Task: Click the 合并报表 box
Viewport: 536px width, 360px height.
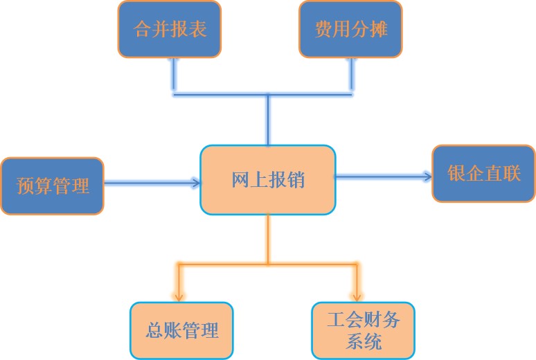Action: (170, 29)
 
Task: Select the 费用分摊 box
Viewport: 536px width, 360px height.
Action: (351, 29)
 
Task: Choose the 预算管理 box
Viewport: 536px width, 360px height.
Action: (53, 186)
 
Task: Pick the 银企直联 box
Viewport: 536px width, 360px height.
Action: (483, 173)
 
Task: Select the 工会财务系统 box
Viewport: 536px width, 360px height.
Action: (363, 330)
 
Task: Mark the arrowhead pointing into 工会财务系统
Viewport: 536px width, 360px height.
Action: (358, 296)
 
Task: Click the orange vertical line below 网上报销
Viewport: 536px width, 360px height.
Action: (268, 238)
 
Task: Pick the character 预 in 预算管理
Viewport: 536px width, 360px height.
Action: (26, 186)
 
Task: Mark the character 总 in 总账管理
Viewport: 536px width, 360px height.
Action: (156, 330)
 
